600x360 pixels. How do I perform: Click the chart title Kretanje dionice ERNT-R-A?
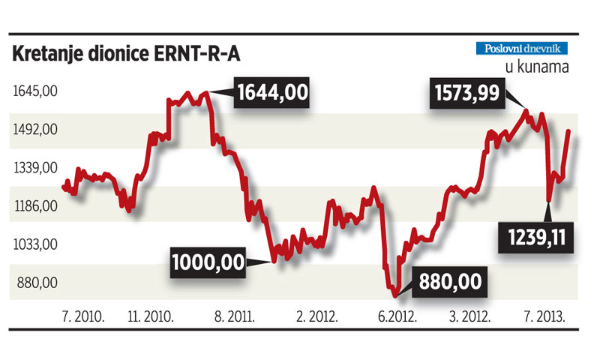pos(127,55)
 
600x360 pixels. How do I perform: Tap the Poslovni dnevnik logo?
pos(523,49)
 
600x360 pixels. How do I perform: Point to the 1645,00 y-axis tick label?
pos(35,91)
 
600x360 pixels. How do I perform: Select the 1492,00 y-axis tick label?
pos(35,130)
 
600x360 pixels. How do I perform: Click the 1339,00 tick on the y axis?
pos(35,168)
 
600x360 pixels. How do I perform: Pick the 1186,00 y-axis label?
pos(35,206)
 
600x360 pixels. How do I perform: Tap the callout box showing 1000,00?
pos(208,263)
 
